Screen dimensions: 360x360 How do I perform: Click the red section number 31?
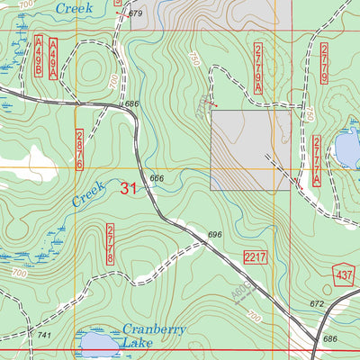point(129,188)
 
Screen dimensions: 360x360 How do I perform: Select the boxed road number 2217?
point(256,258)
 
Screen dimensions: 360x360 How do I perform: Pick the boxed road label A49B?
point(40,55)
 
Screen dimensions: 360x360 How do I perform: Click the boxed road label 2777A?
point(317,161)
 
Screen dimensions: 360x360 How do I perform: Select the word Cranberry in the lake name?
point(154,329)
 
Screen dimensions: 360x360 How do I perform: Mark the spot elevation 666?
point(157,178)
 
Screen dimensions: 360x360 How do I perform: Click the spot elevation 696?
point(214,235)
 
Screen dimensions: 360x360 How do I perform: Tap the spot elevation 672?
point(316,305)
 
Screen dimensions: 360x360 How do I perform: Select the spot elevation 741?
point(43,335)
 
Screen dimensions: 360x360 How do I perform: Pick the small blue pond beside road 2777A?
point(346,146)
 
